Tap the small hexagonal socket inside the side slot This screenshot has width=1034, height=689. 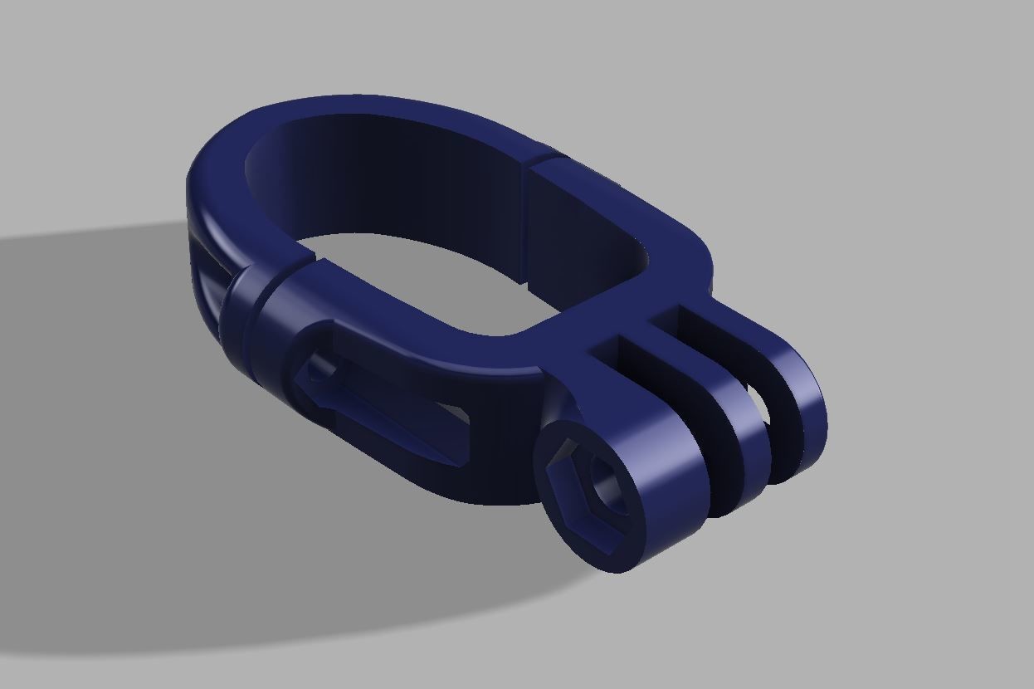point(319,378)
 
